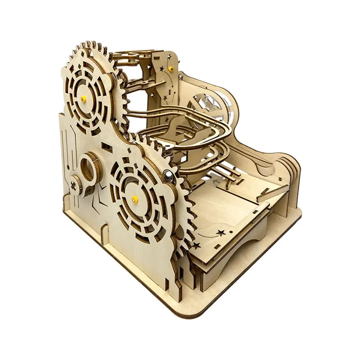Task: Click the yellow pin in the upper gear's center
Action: [x=84, y=99]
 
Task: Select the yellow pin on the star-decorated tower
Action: [x=171, y=69]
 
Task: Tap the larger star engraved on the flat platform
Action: [x=221, y=233]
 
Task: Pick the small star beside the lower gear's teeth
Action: [x=196, y=246]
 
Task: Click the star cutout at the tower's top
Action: [x=169, y=57]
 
